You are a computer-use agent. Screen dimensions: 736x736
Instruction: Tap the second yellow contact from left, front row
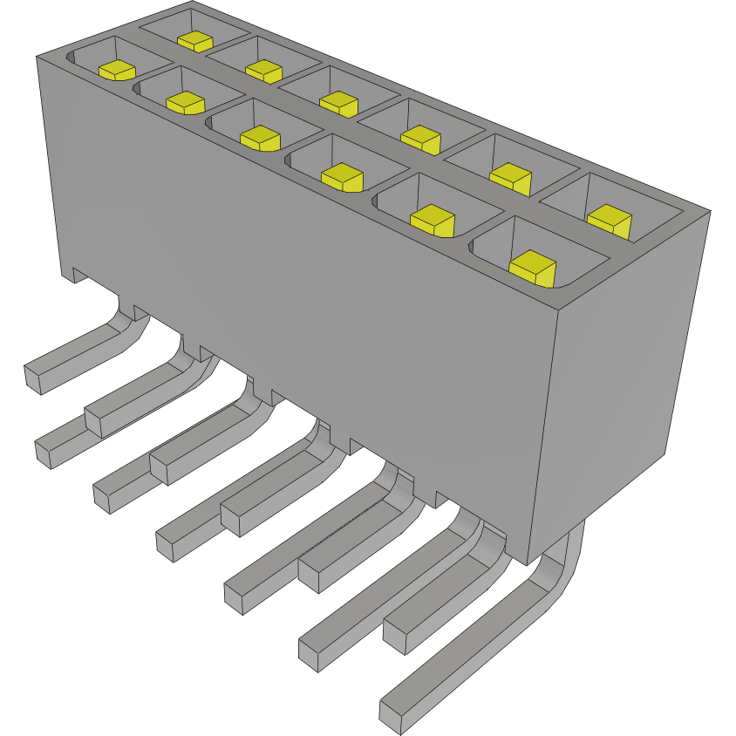click(185, 102)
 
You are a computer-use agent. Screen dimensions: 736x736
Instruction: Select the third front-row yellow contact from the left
click(259, 138)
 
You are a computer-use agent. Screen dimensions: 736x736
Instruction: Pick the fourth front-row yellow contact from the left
click(342, 176)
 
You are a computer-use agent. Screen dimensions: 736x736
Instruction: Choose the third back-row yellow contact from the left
click(339, 103)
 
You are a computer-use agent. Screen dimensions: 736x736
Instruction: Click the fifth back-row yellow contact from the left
click(510, 177)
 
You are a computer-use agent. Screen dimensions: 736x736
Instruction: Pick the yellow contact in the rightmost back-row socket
click(608, 219)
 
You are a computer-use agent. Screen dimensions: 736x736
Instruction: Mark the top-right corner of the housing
click(709, 210)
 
